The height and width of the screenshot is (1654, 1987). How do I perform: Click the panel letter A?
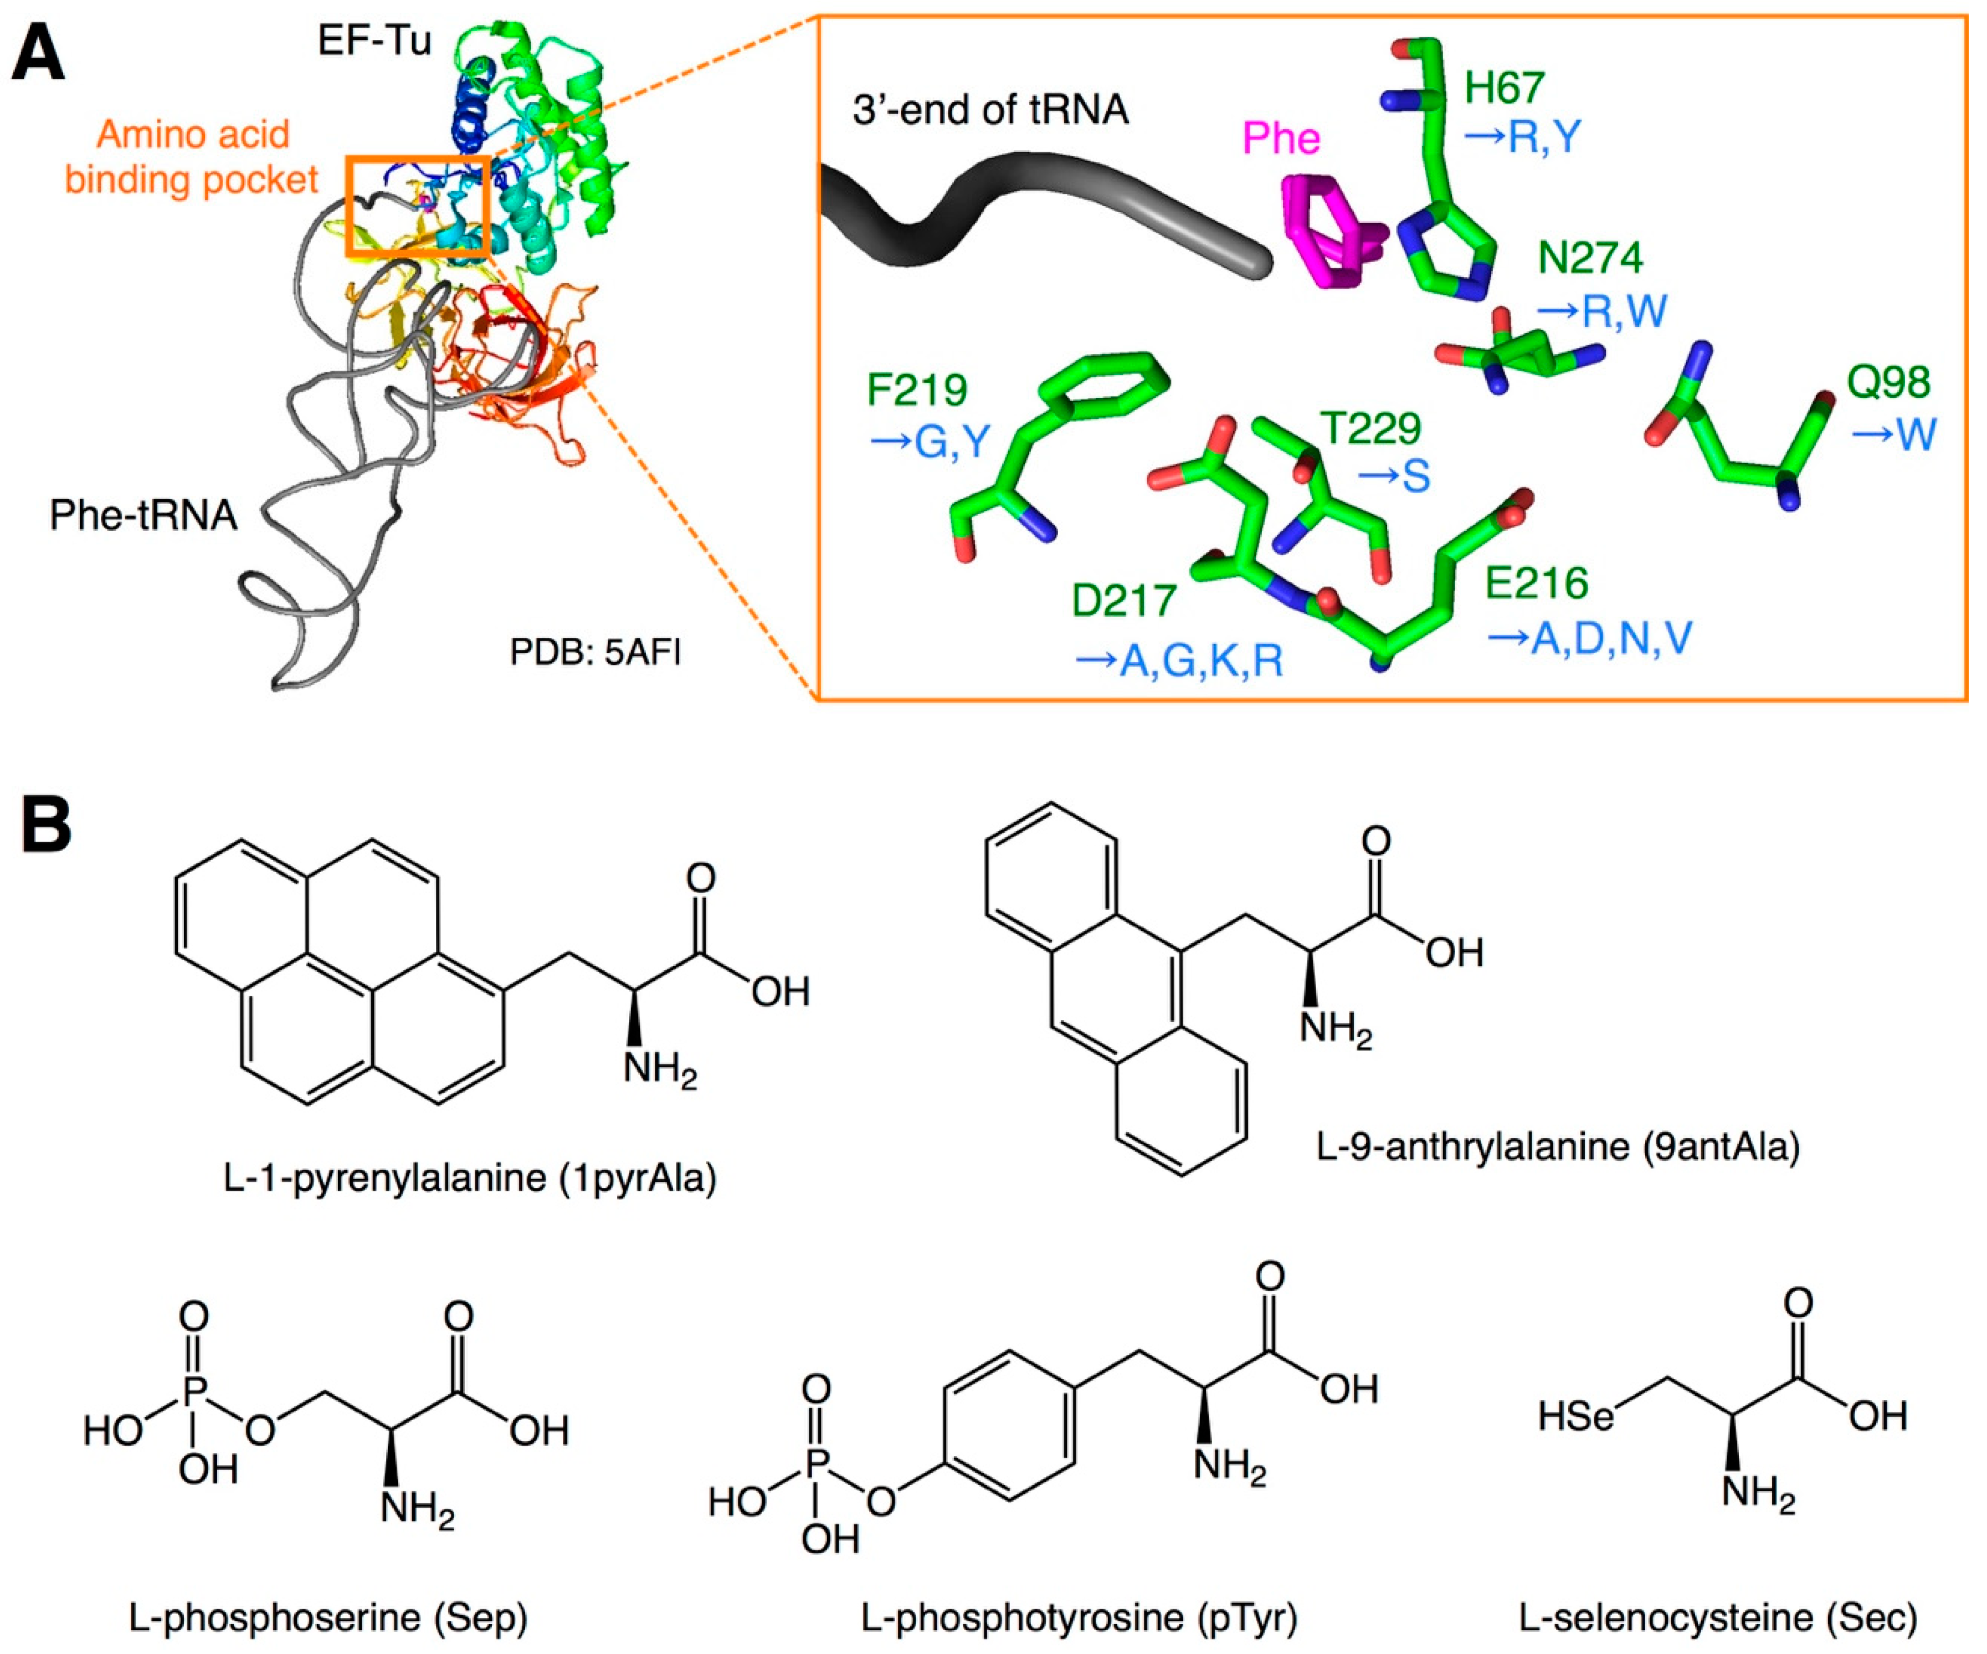tap(38, 55)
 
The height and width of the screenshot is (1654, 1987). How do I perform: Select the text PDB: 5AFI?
tap(595, 653)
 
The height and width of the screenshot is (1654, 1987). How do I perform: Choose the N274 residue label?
tap(1590, 257)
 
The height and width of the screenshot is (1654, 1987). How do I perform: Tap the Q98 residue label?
tap(1888, 382)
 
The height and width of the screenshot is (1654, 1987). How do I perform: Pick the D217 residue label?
tap(1123, 601)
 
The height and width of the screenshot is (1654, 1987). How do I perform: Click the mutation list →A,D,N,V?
tap(1590, 639)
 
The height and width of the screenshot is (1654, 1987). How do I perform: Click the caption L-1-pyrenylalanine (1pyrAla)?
tap(470, 1178)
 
